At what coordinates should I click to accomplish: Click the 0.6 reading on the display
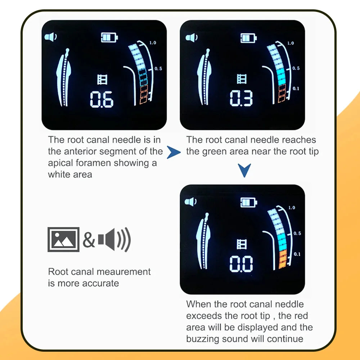[x=102, y=99]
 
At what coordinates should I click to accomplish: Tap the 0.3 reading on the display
[x=241, y=98]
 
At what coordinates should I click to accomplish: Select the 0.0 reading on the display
[x=241, y=264]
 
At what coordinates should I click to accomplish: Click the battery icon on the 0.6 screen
[x=109, y=37]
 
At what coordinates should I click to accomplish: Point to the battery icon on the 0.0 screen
[x=249, y=202]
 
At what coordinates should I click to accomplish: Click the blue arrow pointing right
[x=174, y=152]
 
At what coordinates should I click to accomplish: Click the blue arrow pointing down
[x=244, y=170]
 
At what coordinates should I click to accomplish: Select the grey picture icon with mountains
[x=63, y=239]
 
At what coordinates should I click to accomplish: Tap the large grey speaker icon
[x=114, y=239]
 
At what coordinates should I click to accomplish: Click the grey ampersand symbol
[x=89, y=240]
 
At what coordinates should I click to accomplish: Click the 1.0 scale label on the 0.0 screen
[x=292, y=208]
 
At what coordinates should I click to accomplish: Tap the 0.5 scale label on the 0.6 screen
[x=158, y=68]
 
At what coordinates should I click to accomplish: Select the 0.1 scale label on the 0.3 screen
[x=296, y=89]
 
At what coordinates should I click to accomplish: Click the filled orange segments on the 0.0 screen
[x=283, y=259]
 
